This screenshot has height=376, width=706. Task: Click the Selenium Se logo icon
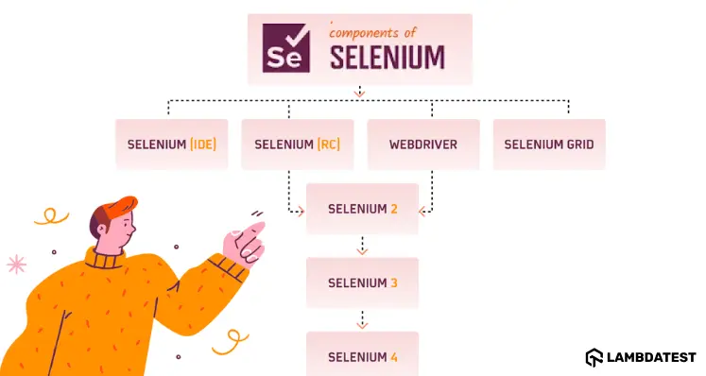289,47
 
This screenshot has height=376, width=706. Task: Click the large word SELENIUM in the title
387,57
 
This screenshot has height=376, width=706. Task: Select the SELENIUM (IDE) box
171,145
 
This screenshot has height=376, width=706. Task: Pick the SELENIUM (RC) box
298,145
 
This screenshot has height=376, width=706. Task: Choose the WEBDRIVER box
423,145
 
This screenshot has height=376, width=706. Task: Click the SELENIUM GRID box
549,145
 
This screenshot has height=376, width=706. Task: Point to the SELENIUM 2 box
363,209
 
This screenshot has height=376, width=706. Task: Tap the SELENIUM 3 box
363,282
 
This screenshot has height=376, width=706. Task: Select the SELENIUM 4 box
363,357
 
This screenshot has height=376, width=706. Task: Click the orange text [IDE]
202,145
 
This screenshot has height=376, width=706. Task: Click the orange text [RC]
328,145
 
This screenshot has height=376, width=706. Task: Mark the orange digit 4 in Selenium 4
393,357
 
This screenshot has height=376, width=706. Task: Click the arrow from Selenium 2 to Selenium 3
362,247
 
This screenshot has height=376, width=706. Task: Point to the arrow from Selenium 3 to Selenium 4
362,320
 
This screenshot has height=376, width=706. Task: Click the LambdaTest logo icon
594,357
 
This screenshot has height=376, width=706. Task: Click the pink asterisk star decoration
16,265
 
